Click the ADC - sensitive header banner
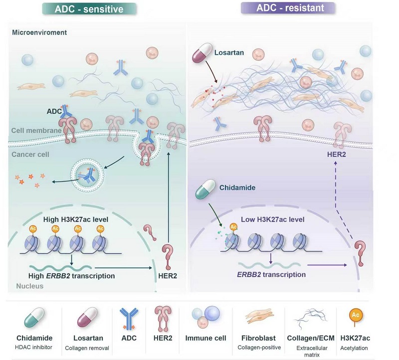click(x=89, y=9)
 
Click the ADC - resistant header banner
click(x=288, y=8)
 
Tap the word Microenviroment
click(x=39, y=32)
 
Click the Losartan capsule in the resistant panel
click(x=202, y=52)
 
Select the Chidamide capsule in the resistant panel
click(x=205, y=189)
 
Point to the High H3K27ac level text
click(x=76, y=219)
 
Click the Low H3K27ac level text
click(x=272, y=219)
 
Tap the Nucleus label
click(x=30, y=286)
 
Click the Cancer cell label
click(x=30, y=154)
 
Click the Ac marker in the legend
click(x=355, y=317)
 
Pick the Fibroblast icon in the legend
click(x=259, y=316)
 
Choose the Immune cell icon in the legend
click(x=205, y=317)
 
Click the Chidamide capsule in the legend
click(x=34, y=318)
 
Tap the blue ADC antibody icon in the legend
click(x=129, y=318)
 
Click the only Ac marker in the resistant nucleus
click(x=233, y=227)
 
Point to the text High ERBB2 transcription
click(x=71, y=276)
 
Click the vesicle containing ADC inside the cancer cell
click(x=87, y=175)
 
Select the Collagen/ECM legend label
click(x=311, y=338)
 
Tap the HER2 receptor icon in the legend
click(x=163, y=319)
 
